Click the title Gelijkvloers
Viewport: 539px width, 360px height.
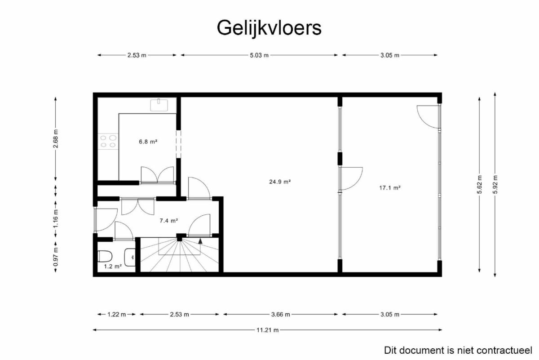click(x=269, y=28)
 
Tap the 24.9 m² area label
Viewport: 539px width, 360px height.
click(x=280, y=182)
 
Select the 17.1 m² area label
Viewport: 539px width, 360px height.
click(x=390, y=188)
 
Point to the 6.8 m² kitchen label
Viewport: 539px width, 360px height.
click(x=148, y=142)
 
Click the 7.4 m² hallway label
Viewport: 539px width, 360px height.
click(x=169, y=221)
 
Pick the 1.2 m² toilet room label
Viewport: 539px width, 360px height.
click(x=113, y=267)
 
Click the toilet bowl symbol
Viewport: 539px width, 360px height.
click(x=105, y=256)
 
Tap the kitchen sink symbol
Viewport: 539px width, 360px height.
click(x=159, y=105)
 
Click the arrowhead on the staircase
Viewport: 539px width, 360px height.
click(x=200, y=241)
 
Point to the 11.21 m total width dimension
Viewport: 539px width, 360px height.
click(x=267, y=330)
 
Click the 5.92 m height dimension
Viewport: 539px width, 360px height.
click(x=495, y=184)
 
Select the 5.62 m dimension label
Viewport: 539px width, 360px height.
click(x=479, y=184)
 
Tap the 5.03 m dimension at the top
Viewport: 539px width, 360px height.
click(x=259, y=55)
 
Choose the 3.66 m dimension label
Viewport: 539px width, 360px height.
click(x=281, y=315)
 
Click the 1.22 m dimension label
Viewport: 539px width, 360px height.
click(x=116, y=315)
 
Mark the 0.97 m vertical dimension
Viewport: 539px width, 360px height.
click(x=56, y=257)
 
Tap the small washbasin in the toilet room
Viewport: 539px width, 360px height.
click(x=130, y=257)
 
